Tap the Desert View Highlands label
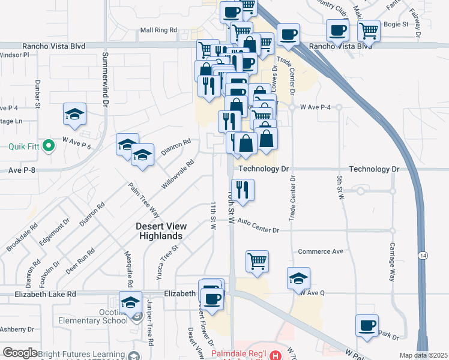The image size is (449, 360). pyautogui.click(x=161, y=231)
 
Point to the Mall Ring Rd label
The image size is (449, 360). pyautogui.click(x=158, y=29)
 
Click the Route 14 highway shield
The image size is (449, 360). pyautogui.click(x=423, y=238)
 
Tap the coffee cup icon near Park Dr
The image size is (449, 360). pyautogui.click(x=367, y=325)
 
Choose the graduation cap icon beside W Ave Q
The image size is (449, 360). pyautogui.click(x=298, y=278)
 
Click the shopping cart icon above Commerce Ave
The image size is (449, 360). pyautogui.click(x=257, y=260)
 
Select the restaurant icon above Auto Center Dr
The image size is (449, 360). pyautogui.click(x=243, y=190)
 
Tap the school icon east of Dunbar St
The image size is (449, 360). pyautogui.click(x=74, y=114)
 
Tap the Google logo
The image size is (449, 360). pyautogui.click(x=20, y=353)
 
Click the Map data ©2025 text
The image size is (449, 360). pyautogui.click(x=423, y=355)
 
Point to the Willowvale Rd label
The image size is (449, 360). pyautogui.click(x=178, y=175)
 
